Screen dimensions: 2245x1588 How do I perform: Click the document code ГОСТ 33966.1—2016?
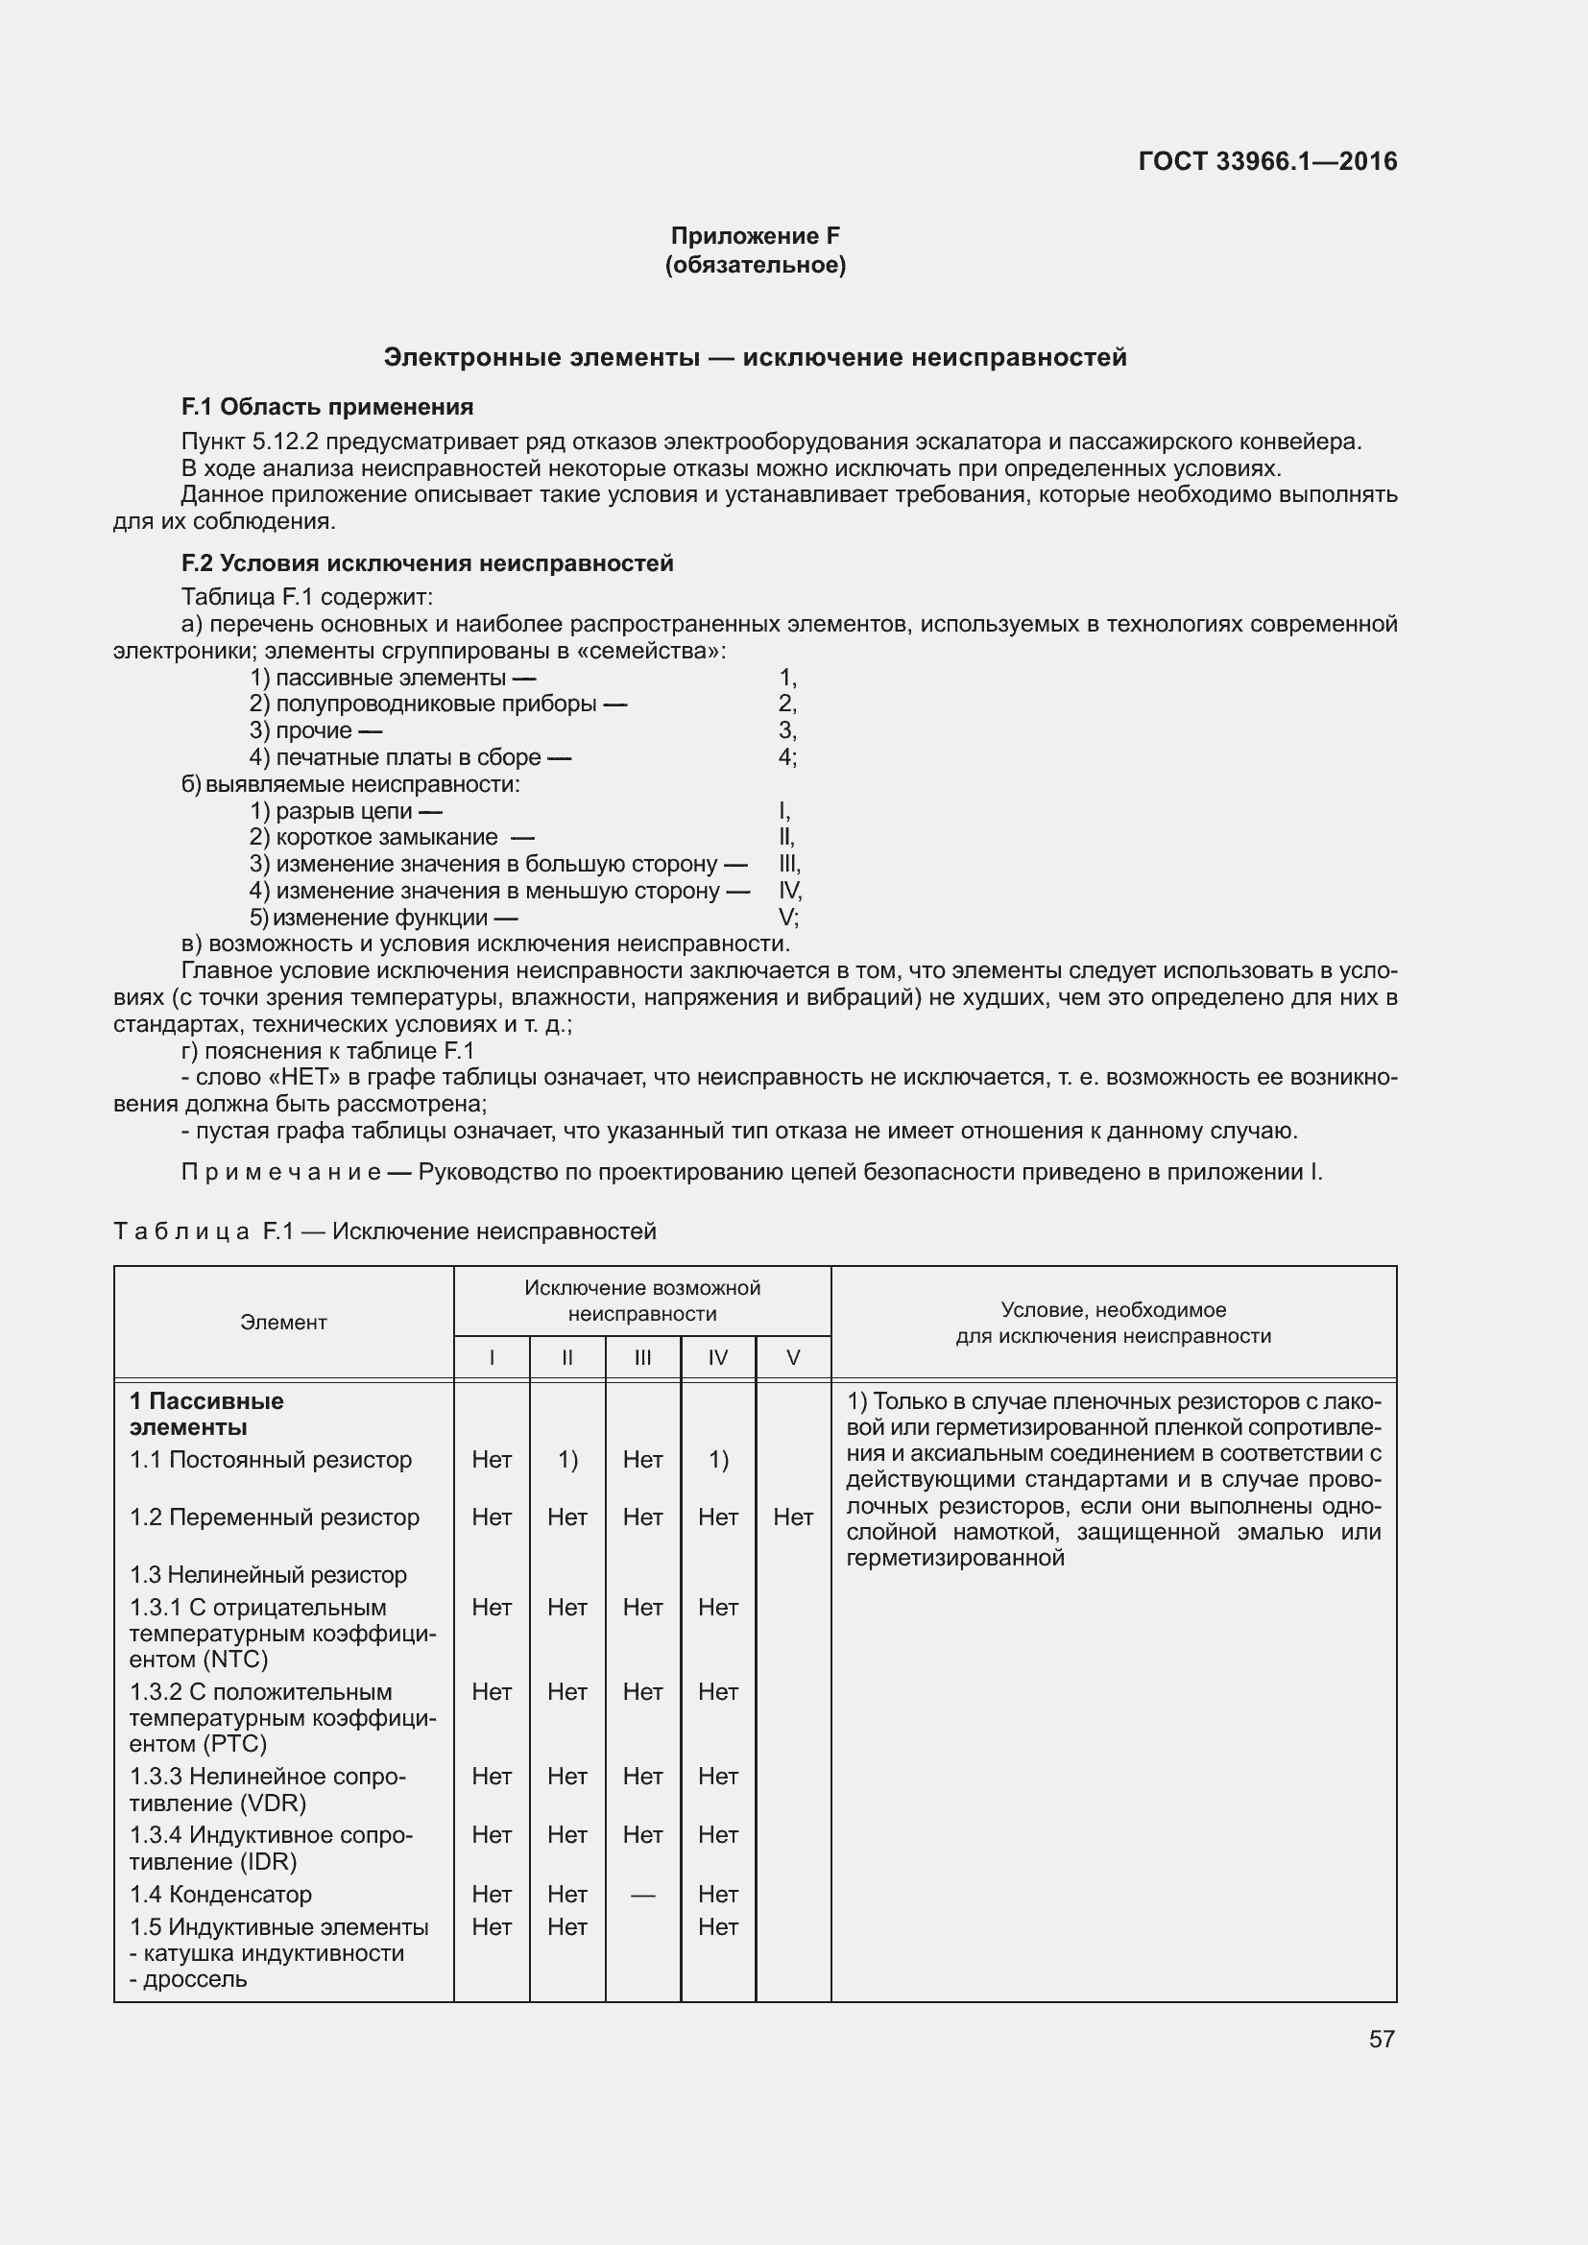pos(1267,161)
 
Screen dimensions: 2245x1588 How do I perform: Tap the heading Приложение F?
pos(755,236)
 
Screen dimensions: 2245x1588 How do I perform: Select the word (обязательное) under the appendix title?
pos(755,265)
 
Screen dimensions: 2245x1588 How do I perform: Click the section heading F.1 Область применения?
pos(327,407)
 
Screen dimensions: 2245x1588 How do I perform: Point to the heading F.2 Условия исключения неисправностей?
pos(427,563)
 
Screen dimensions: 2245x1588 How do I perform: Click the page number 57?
pos(1381,2039)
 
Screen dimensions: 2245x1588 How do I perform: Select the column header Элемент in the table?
pos(283,1322)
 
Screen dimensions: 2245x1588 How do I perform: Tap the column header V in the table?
pos(793,1357)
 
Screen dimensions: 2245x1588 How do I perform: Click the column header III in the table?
pos(642,1357)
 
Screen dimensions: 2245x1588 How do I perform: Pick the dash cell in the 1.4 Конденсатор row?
pos(642,1895)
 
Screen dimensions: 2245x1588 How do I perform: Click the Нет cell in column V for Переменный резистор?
pos(793,1517)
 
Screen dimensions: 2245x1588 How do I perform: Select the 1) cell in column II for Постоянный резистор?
pos(567,1460)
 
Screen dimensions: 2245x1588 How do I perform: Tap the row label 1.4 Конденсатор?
pos(221,1894)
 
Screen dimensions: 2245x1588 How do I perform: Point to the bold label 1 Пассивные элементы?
pos(206,1414)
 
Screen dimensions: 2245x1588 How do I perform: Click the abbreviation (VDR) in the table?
pos(273,1803)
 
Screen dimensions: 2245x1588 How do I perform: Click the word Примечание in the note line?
pos(280,1171)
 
